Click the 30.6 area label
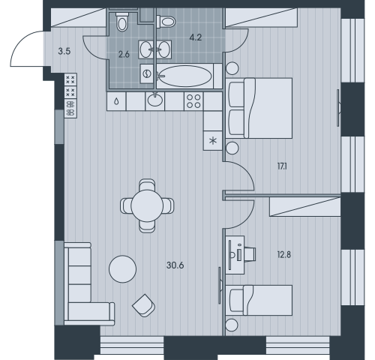pyautogui.click(x=175, y=265)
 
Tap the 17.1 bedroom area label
pyautogui.click(x=282, y=166)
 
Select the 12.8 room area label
pyautogui.click(x=284, y=254)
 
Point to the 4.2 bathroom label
pyautogui.click(x=196, y=37)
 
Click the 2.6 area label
pyautogui.click(x=124, y=54)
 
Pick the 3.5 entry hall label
pyautogui.click(x=64, y=52)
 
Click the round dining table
pyautogui.click(x=147, y=205)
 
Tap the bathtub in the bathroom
pyautogui.click(x=185, y=76)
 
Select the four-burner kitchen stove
pyautogui.click(x=193, y=101)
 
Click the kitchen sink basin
pyautogui.click(x=155, y=100)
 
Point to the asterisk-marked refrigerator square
pyautogui.click(x=213, y=141)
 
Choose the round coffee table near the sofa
pyautogui.click(x=123, y=269)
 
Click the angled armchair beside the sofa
pyautogui.click(x=144, y=305)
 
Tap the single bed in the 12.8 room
pyautogui.click(x=259, y=300)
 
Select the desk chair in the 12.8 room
pyautogui.click(x=250, y=254)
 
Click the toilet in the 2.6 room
pyautogui.click(x=122, y=22)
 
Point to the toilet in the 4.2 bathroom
pyautogui.click(x=166, y=22)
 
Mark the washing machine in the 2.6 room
pyautogui.click(x=147, y=73)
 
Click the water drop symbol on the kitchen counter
pyautogui.click(x=116, y=101)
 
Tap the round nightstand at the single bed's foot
pyautogui.click(x=232, y=325)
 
